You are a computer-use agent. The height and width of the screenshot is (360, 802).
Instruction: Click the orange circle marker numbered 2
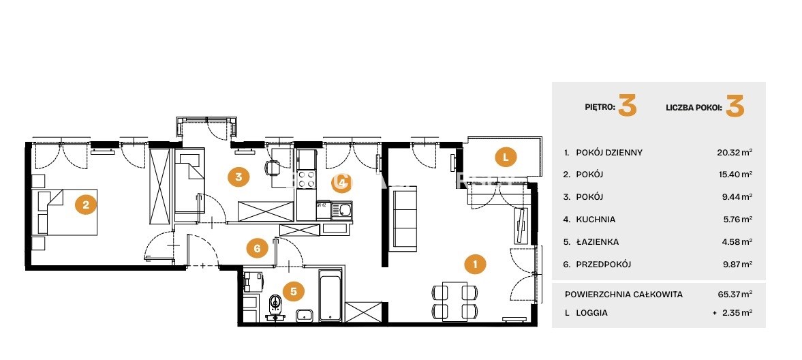click(86, 205)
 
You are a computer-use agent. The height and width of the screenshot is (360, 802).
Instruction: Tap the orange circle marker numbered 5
click(294, 291)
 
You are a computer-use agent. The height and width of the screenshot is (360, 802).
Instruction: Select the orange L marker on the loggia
click(506, 157)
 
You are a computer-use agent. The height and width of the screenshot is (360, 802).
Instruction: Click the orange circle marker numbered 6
click(257, 249)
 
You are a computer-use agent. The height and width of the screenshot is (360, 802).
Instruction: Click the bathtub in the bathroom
click(330, 295)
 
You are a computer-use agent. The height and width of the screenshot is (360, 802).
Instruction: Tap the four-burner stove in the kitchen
click(307, 180)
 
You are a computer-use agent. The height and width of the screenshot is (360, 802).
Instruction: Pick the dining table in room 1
click(455, 301)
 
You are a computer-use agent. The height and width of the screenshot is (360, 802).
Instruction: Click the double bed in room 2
click(67, 212)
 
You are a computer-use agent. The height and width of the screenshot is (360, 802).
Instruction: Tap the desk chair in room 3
click(273, 167)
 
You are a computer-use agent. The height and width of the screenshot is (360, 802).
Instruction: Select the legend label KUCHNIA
click(596, 219)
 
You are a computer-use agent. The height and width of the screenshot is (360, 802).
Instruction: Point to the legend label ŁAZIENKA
click(597, 242)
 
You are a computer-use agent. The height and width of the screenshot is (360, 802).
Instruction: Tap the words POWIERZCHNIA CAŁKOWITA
click(623, 295)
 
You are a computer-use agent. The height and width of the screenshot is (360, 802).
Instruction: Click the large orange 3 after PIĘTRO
click(628, 106)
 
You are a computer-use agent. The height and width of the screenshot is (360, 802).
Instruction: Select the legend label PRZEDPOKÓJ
click(604, 265)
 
